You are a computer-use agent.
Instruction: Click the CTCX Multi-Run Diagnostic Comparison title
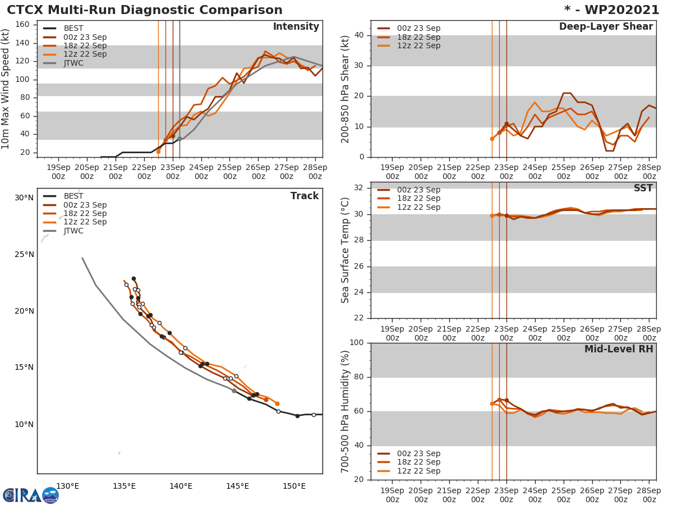point(145,10)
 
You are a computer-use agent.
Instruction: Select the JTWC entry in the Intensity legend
point(73,63)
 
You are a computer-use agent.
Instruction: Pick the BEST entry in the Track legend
point(73,196)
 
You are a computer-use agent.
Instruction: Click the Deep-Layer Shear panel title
point(606,27)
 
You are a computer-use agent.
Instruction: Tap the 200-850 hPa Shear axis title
point(345,89)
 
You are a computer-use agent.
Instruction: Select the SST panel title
point(643,189)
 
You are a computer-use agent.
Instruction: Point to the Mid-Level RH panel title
point(619,349)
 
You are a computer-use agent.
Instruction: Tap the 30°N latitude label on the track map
point(24,198)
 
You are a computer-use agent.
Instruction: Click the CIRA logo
point(31,495)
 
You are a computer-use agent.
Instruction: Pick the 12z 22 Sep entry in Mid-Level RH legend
point(418,471)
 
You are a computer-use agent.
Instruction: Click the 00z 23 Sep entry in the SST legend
point(418,190)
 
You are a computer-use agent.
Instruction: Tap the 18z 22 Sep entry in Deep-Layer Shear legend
point(418,37)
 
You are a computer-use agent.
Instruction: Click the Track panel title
point(304,196)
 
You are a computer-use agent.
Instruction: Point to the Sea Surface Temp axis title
point(345,250)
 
